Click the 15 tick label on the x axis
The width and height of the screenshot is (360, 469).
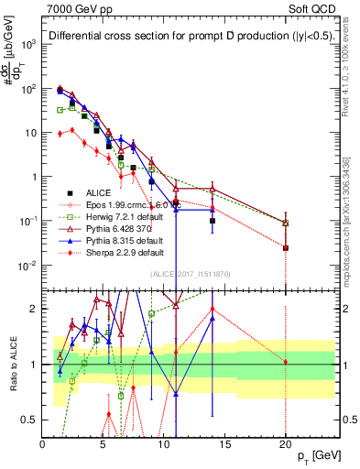224,444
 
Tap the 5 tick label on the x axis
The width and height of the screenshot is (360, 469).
103,444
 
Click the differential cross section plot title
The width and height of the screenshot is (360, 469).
177,37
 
